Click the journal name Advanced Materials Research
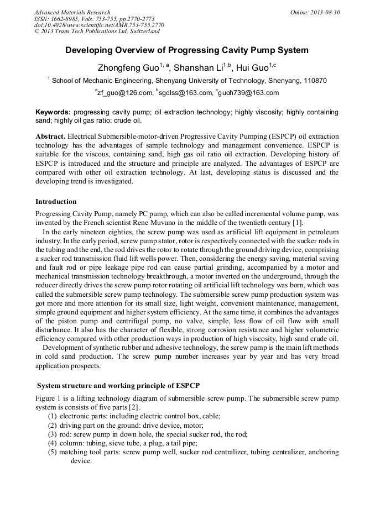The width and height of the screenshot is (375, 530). coord(72,12)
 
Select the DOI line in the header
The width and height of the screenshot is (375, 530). coord(99,25)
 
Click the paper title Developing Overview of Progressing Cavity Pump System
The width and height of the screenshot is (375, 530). coord(187,50)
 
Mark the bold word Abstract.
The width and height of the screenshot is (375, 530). coord(50,136)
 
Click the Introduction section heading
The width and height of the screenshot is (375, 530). coord(56,201)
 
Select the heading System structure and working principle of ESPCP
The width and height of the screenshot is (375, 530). coord(118,385)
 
